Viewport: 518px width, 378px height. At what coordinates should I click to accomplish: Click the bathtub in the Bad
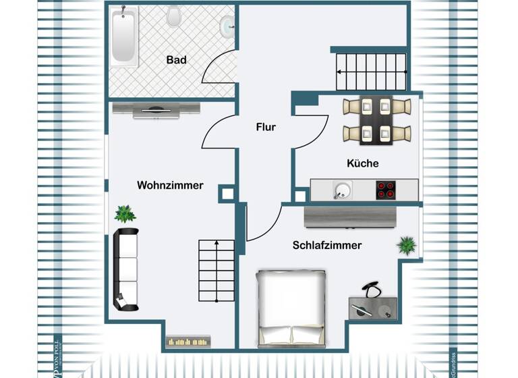124,36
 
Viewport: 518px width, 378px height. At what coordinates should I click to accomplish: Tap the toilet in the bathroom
174,16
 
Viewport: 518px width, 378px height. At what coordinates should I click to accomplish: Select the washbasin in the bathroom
227,26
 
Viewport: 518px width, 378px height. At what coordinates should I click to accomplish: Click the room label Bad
176,60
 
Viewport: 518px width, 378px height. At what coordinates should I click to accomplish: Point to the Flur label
265,126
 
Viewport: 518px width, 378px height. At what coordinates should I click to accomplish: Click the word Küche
362,163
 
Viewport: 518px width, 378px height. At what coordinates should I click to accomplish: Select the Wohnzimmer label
170,185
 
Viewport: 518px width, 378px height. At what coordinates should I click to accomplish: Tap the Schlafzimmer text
326,245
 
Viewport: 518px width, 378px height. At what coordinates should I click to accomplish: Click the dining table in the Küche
376,121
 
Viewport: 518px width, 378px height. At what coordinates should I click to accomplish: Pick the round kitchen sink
343,190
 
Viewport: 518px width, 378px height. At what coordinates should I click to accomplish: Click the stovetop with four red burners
386,190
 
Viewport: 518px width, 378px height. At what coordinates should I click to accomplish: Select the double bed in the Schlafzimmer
291,308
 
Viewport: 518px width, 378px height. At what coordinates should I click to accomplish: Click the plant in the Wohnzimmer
125,214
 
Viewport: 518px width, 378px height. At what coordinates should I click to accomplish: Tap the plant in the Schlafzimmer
406,245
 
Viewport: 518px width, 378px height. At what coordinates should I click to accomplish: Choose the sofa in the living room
125,269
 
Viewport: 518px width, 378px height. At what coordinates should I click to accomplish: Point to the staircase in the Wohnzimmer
216,271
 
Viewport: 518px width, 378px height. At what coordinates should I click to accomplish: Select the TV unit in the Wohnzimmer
156,109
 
